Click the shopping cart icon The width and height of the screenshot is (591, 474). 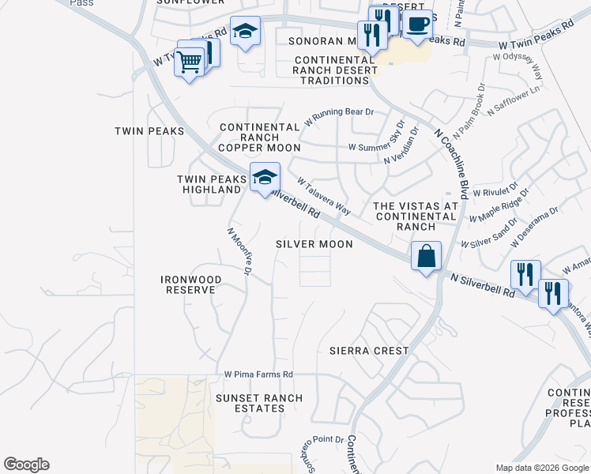[190, 61]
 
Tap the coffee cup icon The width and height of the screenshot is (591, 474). [418, 23]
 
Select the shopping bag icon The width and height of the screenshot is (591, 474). [426, 256]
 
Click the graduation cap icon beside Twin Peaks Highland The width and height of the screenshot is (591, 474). [265, 177]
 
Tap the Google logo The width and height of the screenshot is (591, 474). [26, 465]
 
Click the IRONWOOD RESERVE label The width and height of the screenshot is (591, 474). [188, 284]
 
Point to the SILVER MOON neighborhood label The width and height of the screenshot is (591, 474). [314, 244]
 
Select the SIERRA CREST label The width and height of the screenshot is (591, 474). [369, 350]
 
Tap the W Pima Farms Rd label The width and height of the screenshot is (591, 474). [258, 374]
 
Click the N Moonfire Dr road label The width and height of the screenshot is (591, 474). [239, 252]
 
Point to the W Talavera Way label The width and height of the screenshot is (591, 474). [323, 195]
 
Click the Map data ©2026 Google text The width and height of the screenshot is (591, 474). [541, 468]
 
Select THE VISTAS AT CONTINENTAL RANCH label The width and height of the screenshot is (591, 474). [415, 216]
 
